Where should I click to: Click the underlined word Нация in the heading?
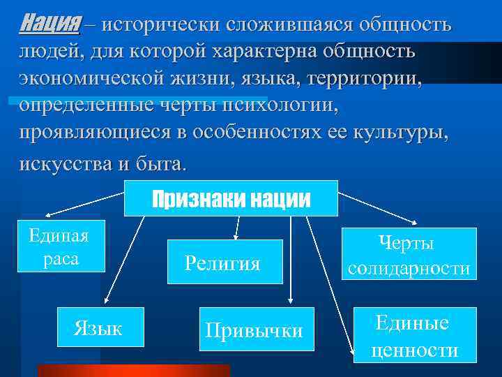point(50,24)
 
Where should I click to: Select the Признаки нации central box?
point(231,198)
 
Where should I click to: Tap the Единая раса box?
point(59,245)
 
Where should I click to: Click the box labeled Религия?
point(223,263)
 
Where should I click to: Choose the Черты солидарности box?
point(409,253)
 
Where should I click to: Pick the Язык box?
point(98,327)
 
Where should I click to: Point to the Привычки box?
point(254,329)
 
